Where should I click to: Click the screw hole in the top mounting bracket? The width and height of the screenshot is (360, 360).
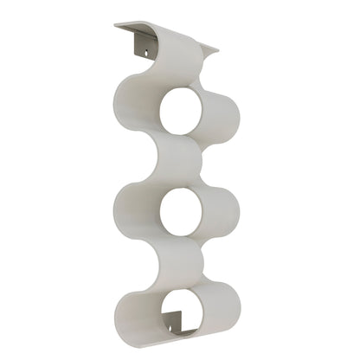145,54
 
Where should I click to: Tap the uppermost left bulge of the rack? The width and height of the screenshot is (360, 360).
130,100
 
